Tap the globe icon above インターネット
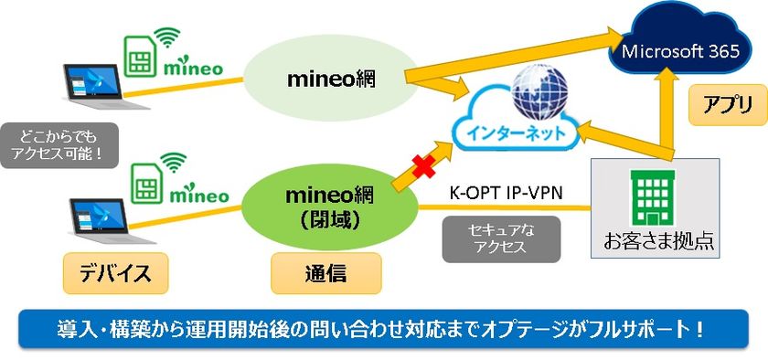(539, 94)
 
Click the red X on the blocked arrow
(423, 166)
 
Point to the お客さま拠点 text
(657, 241)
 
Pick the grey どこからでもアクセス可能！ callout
(61, 144)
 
